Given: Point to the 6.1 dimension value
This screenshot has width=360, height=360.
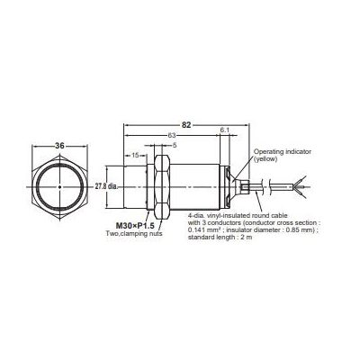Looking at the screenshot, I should pos(223,131).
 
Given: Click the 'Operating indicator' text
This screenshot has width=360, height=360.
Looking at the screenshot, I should pos(281,153).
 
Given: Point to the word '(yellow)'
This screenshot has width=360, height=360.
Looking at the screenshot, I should pos(267,160).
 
